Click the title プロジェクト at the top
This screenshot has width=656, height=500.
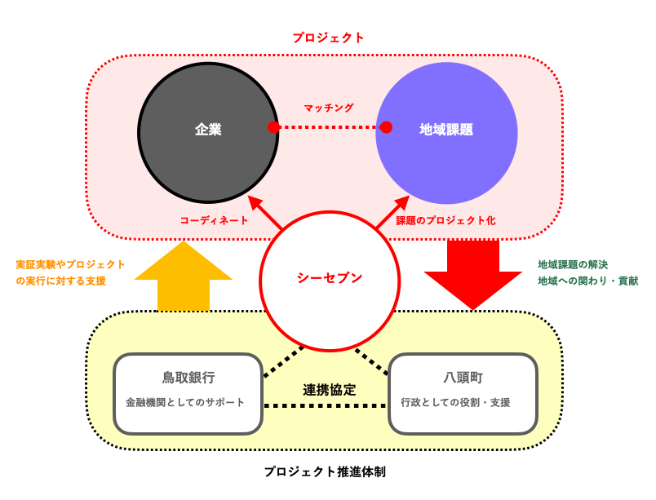coord(328,38)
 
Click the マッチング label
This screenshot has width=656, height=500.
coord(329,108)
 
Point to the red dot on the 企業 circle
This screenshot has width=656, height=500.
coord(273,127)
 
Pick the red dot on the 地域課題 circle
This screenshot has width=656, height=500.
coord(386,127)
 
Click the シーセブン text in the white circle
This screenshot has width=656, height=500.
coord(330,277)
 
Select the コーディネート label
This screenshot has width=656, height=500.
coord(214,220)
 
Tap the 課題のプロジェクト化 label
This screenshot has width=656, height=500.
coord(445,220)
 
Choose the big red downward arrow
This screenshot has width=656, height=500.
coord(472,273)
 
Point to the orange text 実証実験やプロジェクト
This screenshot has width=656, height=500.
coord(70,264)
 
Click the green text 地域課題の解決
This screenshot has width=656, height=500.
coord(572,264)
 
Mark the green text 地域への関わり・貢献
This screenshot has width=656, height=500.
coord(587,281)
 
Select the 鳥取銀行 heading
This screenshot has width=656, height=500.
coord(188,378)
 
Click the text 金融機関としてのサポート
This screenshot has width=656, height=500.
coord(185,402)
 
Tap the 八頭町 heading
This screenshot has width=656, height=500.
coord(463,378)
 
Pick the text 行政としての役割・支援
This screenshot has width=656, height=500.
coord(455,402)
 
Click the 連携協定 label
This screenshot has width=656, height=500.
coord(329,389)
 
